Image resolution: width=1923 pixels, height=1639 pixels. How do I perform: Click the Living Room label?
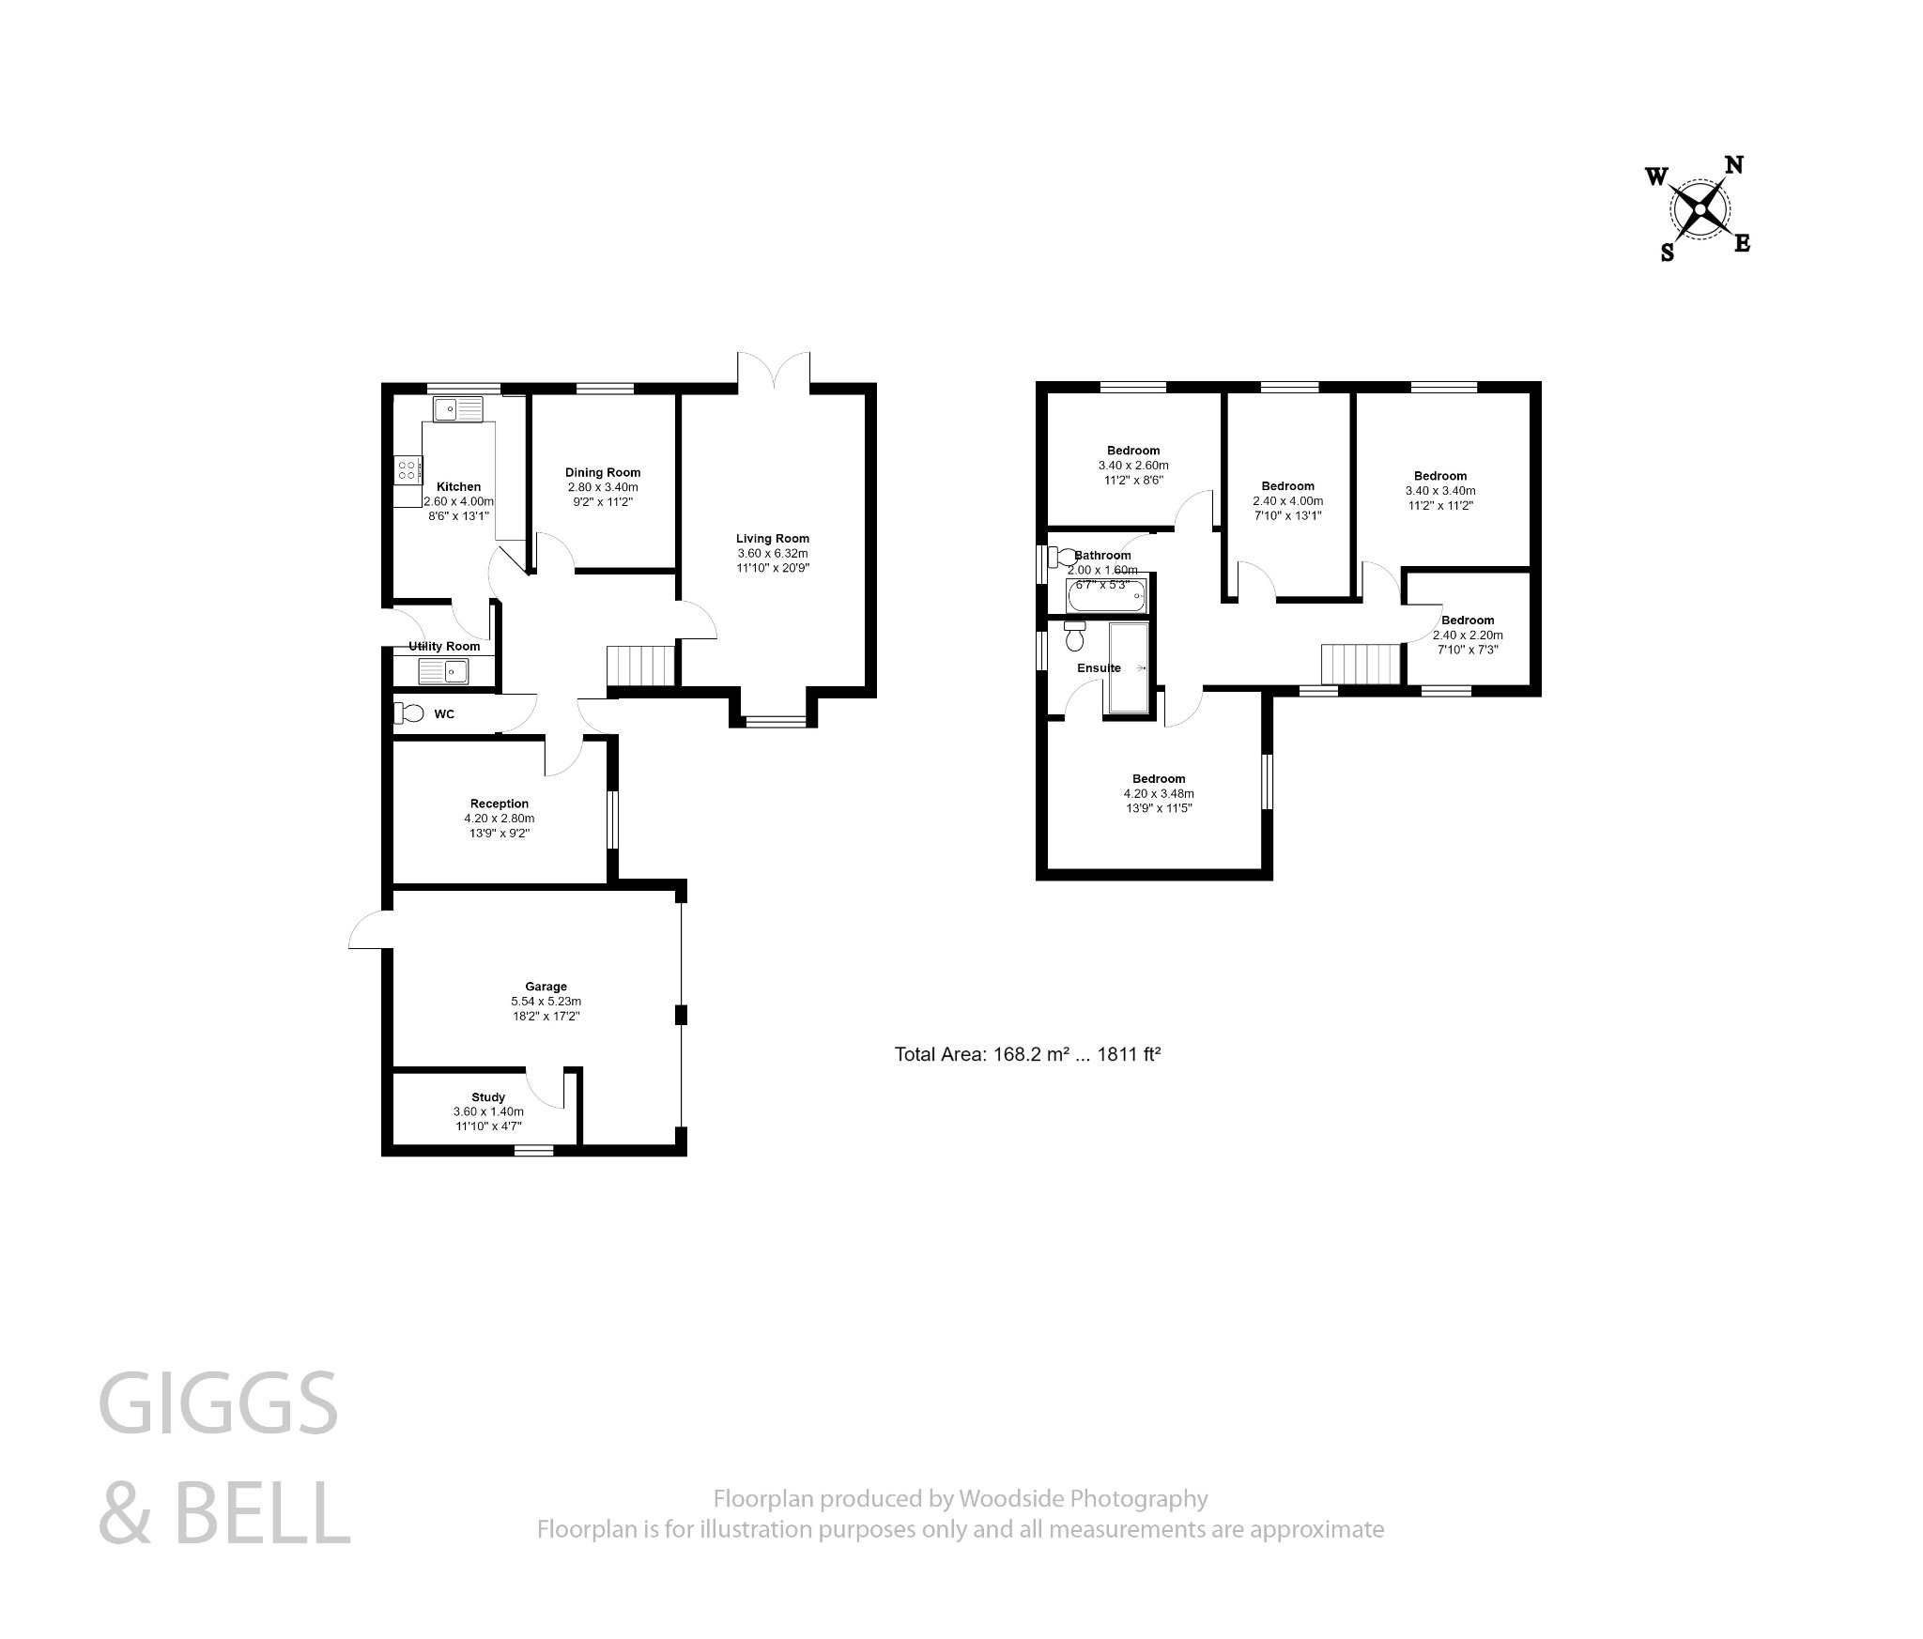pyautogui.click(x=772, y=539)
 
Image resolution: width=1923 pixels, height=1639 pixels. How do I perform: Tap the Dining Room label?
pyautogui.click(x=603, y=472)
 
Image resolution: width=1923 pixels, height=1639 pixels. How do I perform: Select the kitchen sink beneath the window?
pyautogui.click(x=457, y=409)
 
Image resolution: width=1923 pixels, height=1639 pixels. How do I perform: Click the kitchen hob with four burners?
pyautogui.click(x=408, y=469)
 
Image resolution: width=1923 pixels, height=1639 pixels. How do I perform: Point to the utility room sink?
pyautogui.click(x=443, y=670)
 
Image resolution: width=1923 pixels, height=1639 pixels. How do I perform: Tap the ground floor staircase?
pyautogui.click(x=641, y=666)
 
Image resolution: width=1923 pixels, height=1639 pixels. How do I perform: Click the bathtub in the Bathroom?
pyautogui.click(x=1107, y=597)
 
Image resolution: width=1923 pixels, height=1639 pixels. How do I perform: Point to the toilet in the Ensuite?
pyautogui.click(x=1075, y=637)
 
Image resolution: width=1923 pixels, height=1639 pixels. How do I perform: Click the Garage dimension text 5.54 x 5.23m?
pyautogui.click(x=546, y=1002)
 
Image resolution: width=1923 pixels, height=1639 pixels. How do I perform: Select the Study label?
pyautogui.click(x=488, y=1096)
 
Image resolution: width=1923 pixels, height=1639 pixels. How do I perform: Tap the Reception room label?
pyautogui.click(x=500, y=804)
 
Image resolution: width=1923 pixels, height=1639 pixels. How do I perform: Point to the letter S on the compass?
pyautogui.click(x=1668, y=253)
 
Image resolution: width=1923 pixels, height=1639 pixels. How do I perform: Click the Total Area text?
pyautogui.click(x=1028, y=1054)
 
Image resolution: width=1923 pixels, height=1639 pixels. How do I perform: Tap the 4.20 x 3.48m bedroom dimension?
pyautogui.click(x=1159, y=793)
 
